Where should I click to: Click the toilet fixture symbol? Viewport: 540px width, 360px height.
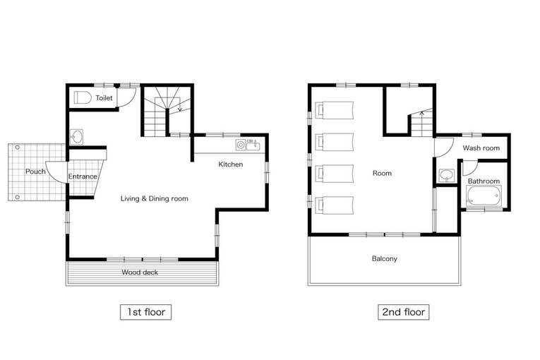[x=83, y=98]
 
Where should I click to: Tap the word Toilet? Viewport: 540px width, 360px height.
[x=104, y=98]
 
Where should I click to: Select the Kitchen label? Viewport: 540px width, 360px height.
[x=231, y=164]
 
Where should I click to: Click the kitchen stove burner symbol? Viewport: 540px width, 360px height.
[x=241, y=145]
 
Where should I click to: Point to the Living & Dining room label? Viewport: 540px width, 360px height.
[x=155, y=198]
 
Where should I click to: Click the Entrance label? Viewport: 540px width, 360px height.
[x=83, y=176]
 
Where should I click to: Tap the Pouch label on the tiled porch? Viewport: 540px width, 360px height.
[x=35, y=172]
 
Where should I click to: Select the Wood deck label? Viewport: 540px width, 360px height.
[x=140, y=272]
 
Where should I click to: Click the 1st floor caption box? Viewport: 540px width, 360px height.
[x=145, y=312]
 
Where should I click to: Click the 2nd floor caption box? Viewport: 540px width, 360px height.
[x=404, y=312]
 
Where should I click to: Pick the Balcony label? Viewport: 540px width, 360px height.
[x=385, y=259]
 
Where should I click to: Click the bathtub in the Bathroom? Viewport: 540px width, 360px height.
[x=484, y=196]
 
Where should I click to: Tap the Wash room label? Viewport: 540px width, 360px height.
[x=481, y=148]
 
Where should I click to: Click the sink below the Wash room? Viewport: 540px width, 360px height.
[x=447, y=175]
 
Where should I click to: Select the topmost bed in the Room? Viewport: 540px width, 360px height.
[x=335, y=110]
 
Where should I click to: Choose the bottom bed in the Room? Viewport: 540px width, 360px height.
[x=335, y=205]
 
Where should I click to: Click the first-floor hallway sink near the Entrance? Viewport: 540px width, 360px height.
[x=76, y=137]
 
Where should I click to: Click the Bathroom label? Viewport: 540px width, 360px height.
[x=484, y=181]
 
